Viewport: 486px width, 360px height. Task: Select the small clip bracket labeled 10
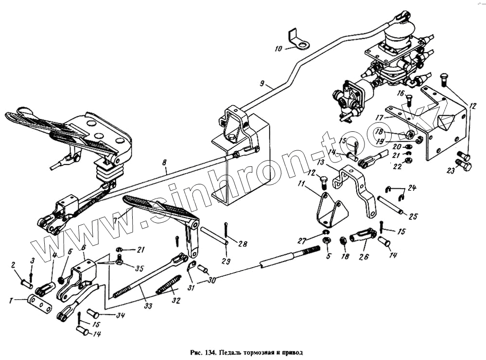(x=297, y=40)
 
